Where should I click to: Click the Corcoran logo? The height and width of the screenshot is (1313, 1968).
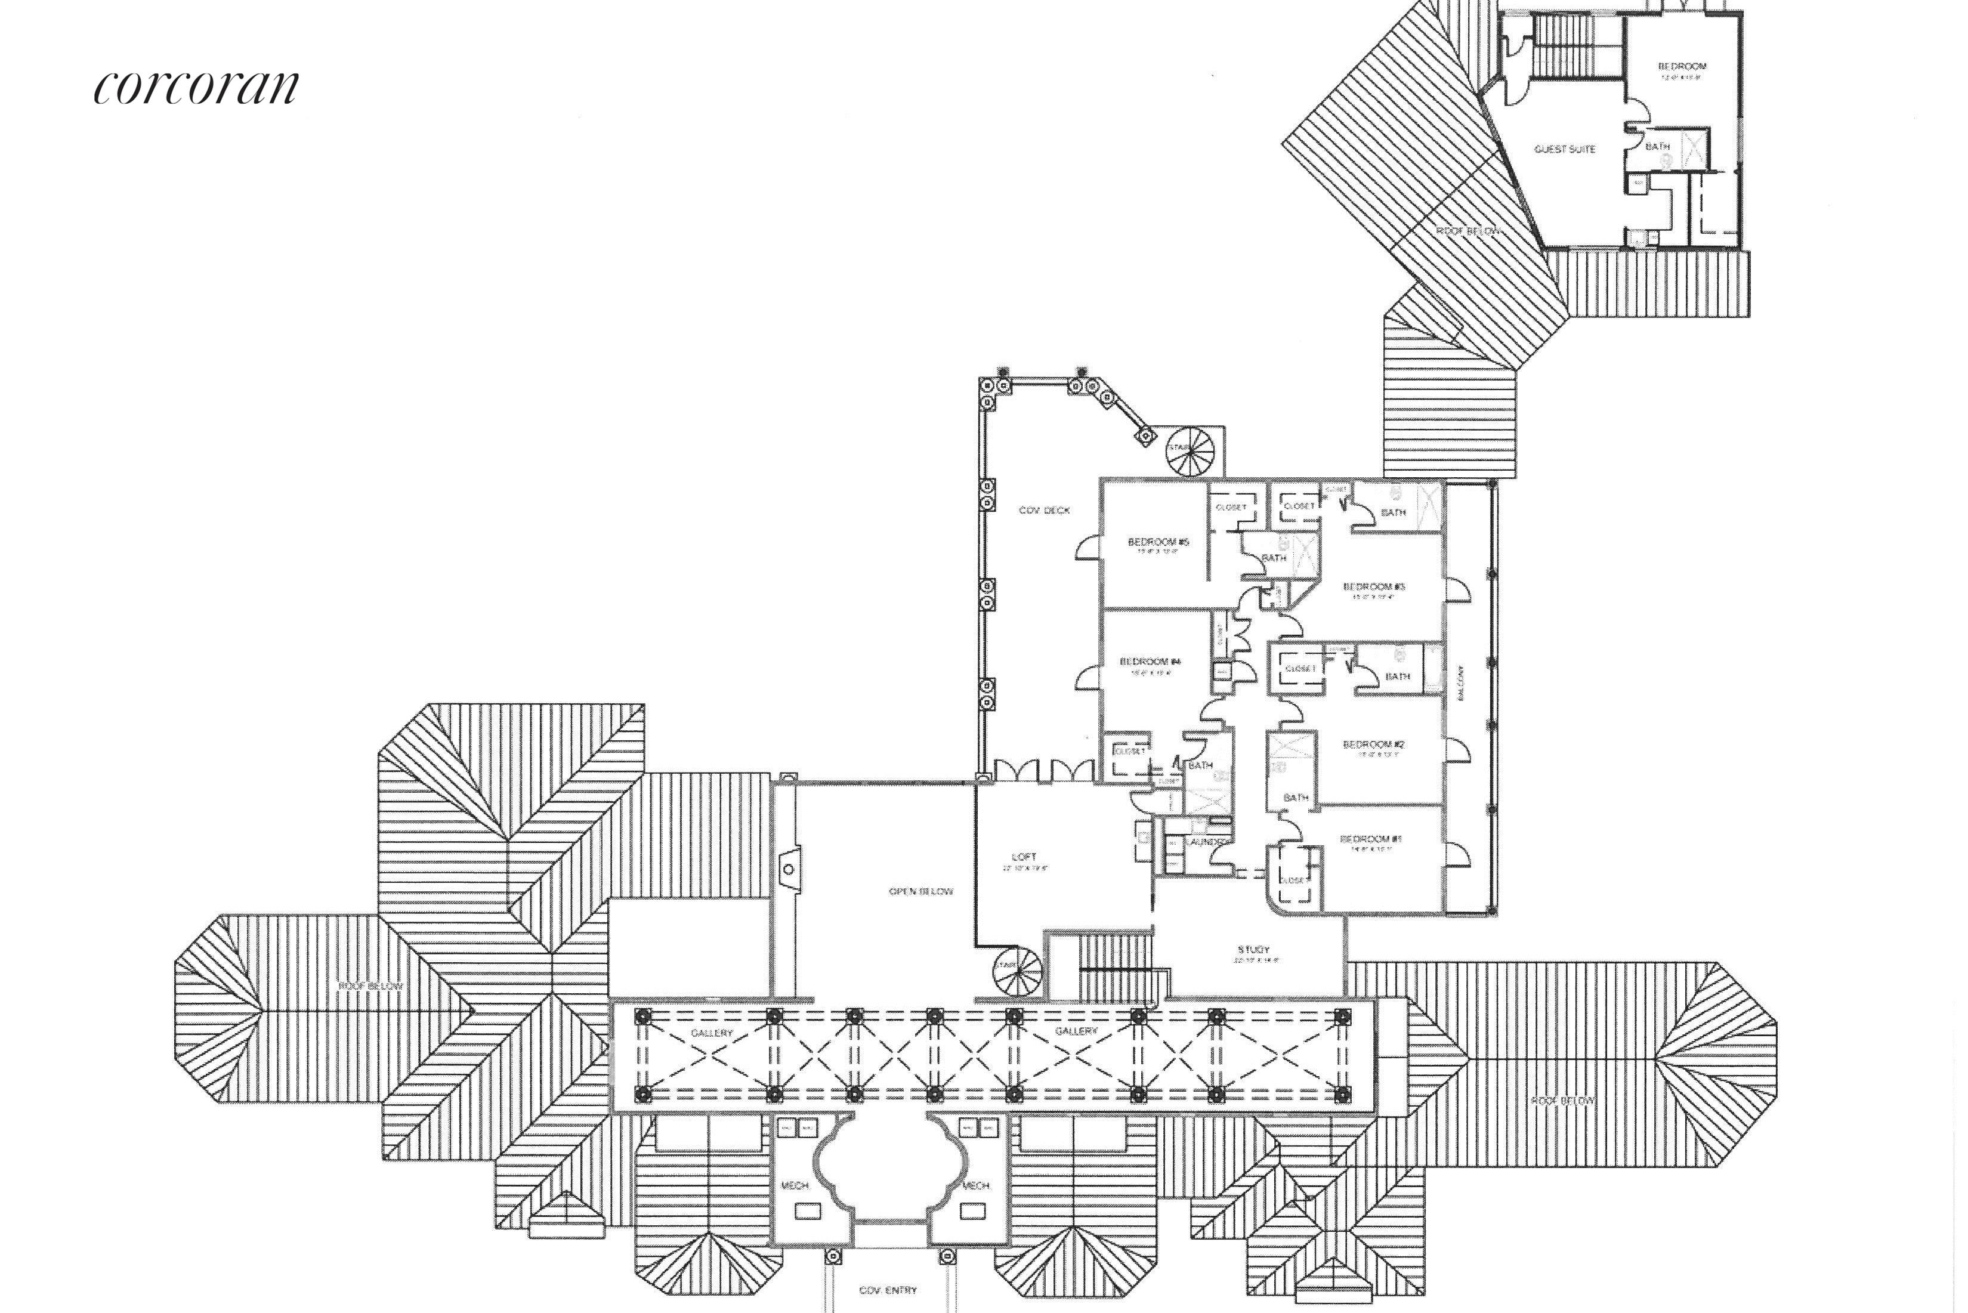pos(196,86)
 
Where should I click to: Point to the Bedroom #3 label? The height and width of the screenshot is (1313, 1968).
pos(1373,586)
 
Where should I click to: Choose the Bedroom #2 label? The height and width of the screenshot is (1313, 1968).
pos(1373,743)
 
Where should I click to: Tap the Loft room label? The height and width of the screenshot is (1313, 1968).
pos(1023,857)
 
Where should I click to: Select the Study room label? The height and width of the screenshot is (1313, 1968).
pos(1254,950)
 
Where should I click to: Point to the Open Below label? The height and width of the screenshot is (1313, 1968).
pos(920,891)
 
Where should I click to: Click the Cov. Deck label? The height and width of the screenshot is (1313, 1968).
pos(1045,510)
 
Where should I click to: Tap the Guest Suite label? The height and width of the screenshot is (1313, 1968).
pos(1564,149)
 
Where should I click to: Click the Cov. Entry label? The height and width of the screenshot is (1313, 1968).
pos(887,1290)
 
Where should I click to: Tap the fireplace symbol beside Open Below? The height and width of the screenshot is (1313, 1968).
pos(788,869)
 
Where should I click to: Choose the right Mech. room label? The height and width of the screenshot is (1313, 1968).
pos(975,1186)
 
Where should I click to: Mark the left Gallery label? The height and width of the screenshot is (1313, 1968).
pos(712,1033)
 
